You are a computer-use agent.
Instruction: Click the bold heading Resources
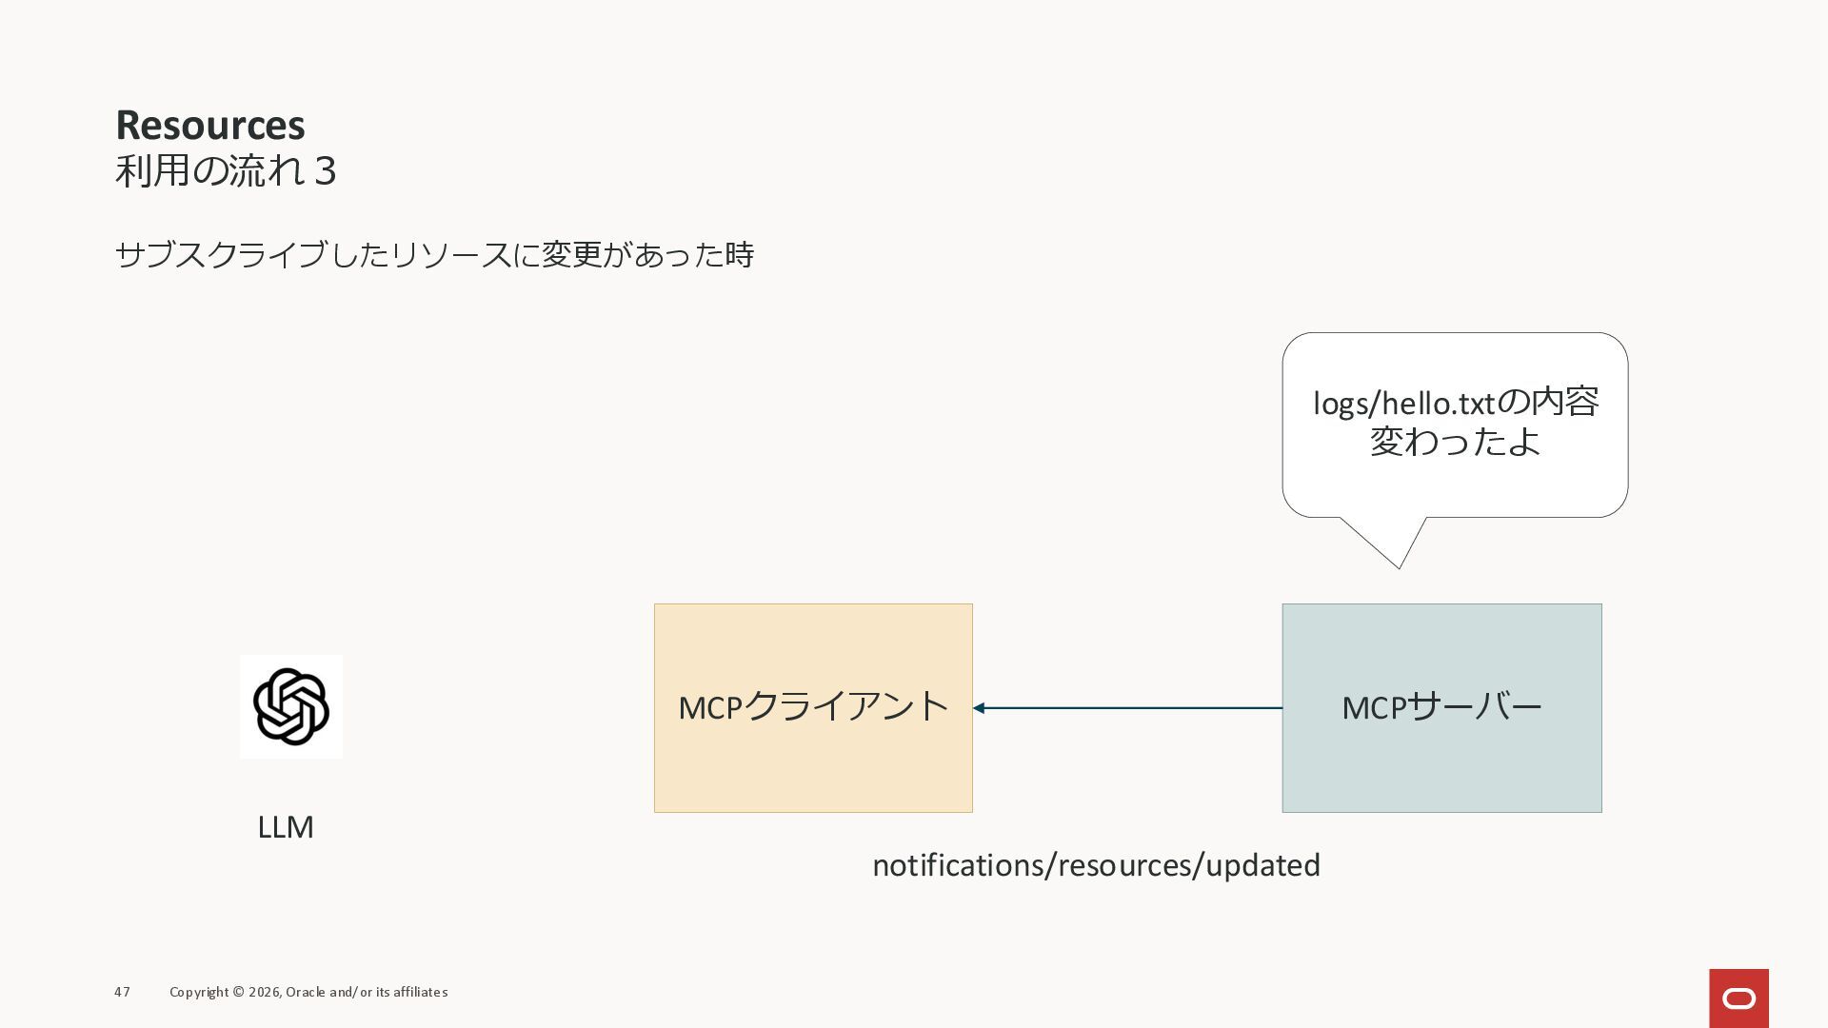click(x=210, y=125)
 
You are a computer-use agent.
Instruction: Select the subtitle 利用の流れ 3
click(x=226, y=171)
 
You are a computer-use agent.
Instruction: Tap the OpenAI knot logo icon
click(x=291, y=706)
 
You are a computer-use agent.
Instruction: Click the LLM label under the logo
click(x=286, y=827)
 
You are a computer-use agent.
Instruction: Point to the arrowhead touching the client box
click(x=979, y=708)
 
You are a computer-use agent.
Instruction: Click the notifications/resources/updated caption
click(x=1096, y=865)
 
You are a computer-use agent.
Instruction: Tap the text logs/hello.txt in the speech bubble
click(x=1403, y=404)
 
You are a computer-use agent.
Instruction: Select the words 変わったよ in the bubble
click(x=1455, y=442)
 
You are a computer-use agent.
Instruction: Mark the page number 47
click(x=122, y=992)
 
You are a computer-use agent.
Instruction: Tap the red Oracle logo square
click(x=1739, y=998)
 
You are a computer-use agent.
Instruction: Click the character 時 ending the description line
click(x=740, y=255)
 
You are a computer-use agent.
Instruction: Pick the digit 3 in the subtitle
click(x=325, y=171)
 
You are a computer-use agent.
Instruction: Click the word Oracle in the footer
click(x=305, y=992)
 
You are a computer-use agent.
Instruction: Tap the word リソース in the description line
click(x=450, y=255)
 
